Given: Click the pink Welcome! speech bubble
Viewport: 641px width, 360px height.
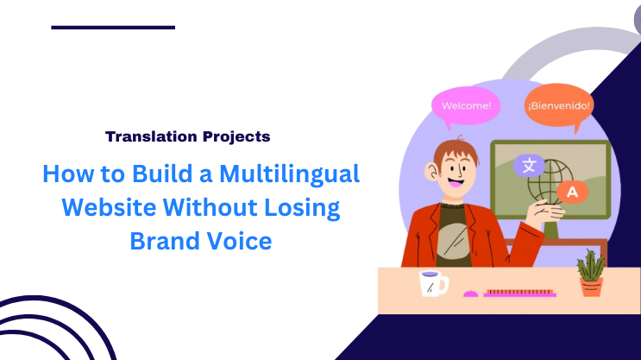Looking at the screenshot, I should [466, 107].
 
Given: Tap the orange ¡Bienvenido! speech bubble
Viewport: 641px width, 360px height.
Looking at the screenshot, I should [558, 106].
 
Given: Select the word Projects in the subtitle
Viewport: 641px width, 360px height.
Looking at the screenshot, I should [239, 136].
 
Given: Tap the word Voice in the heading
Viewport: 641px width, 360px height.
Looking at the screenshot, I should [242, 241].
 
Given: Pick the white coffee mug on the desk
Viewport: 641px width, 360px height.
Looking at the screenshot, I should [431, 282].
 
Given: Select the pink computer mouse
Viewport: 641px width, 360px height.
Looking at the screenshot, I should [471, 294].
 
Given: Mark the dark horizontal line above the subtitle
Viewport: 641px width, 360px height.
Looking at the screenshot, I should [113, 28].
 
